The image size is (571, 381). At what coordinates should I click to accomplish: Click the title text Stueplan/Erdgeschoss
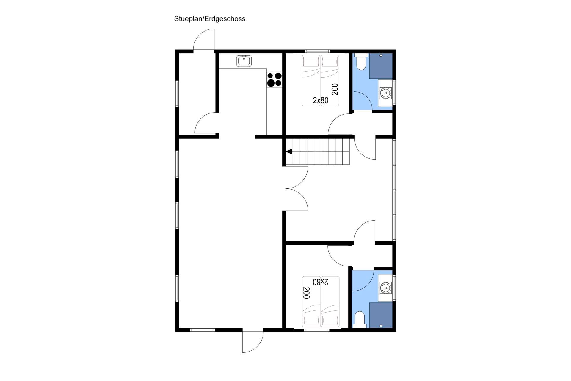pos(210,19)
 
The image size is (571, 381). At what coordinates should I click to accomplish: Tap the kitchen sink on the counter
pos(244,61)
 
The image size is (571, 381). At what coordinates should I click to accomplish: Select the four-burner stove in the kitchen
pos(274,80)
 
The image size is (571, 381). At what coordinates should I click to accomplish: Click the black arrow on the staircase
pos(289,152)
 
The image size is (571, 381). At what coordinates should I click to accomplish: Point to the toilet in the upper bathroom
pos(361,62)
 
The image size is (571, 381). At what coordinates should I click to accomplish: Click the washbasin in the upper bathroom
pos(385,93)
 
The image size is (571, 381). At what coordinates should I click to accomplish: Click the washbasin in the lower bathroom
pos(385,288)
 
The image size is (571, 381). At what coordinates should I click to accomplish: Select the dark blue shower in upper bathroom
pos(381,66)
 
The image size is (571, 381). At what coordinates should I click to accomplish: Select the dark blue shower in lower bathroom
pos(381,315)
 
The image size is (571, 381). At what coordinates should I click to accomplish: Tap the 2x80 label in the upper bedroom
pos(321,100)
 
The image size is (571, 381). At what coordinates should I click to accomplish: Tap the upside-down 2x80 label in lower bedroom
pos(321,282)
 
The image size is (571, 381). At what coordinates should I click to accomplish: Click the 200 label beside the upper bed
pos(335,89)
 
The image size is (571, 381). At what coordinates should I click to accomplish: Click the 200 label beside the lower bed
pos(306,293)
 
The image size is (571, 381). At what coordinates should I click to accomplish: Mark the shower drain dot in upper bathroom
pos(381,55)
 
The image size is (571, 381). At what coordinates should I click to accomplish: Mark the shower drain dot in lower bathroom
pos(381,326)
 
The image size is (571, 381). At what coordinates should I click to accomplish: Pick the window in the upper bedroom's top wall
pos(317,51)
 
